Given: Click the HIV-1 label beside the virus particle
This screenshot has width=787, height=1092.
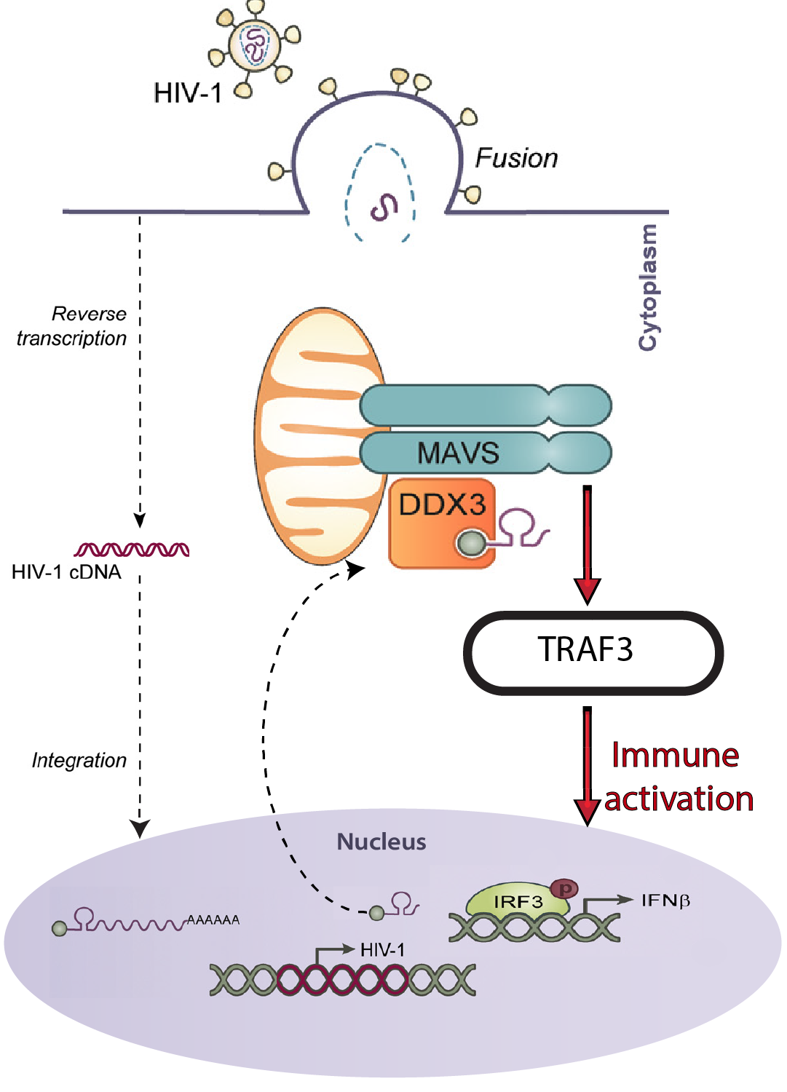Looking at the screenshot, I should tap(187, 93).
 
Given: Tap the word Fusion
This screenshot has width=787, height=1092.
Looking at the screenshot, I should tap(516, 158).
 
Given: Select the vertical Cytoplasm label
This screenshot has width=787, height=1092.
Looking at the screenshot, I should tap(648, 288).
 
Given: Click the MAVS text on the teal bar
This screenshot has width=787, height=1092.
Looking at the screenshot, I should tap(458, 453).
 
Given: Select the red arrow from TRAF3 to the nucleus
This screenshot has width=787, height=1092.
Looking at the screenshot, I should tap(588, 764).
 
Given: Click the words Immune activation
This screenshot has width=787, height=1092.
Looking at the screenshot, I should tap(677, 777).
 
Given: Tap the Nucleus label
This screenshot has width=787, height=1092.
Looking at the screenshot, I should tap(381, 842).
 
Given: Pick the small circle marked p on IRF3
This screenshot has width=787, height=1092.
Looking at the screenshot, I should tap(564, 888).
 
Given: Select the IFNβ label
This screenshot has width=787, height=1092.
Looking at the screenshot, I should tap(665, 901).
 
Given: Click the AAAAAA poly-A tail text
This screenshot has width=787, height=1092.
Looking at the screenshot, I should tap(213, 920).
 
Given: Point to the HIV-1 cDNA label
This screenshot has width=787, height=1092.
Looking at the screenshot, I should tap(66, 572).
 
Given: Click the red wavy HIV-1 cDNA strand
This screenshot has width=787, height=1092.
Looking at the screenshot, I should tap(132, 550).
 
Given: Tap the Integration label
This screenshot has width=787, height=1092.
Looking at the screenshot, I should tap(79, 760).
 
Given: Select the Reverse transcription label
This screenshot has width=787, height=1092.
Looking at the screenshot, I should tap(72, 326).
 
